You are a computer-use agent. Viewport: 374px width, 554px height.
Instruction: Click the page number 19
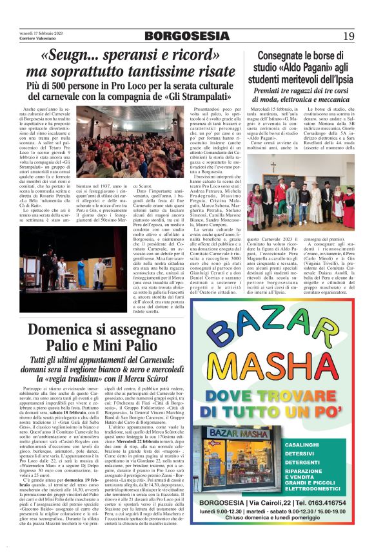pos(348,35)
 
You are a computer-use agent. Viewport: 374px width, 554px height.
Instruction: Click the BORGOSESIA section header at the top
pos(187,36)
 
